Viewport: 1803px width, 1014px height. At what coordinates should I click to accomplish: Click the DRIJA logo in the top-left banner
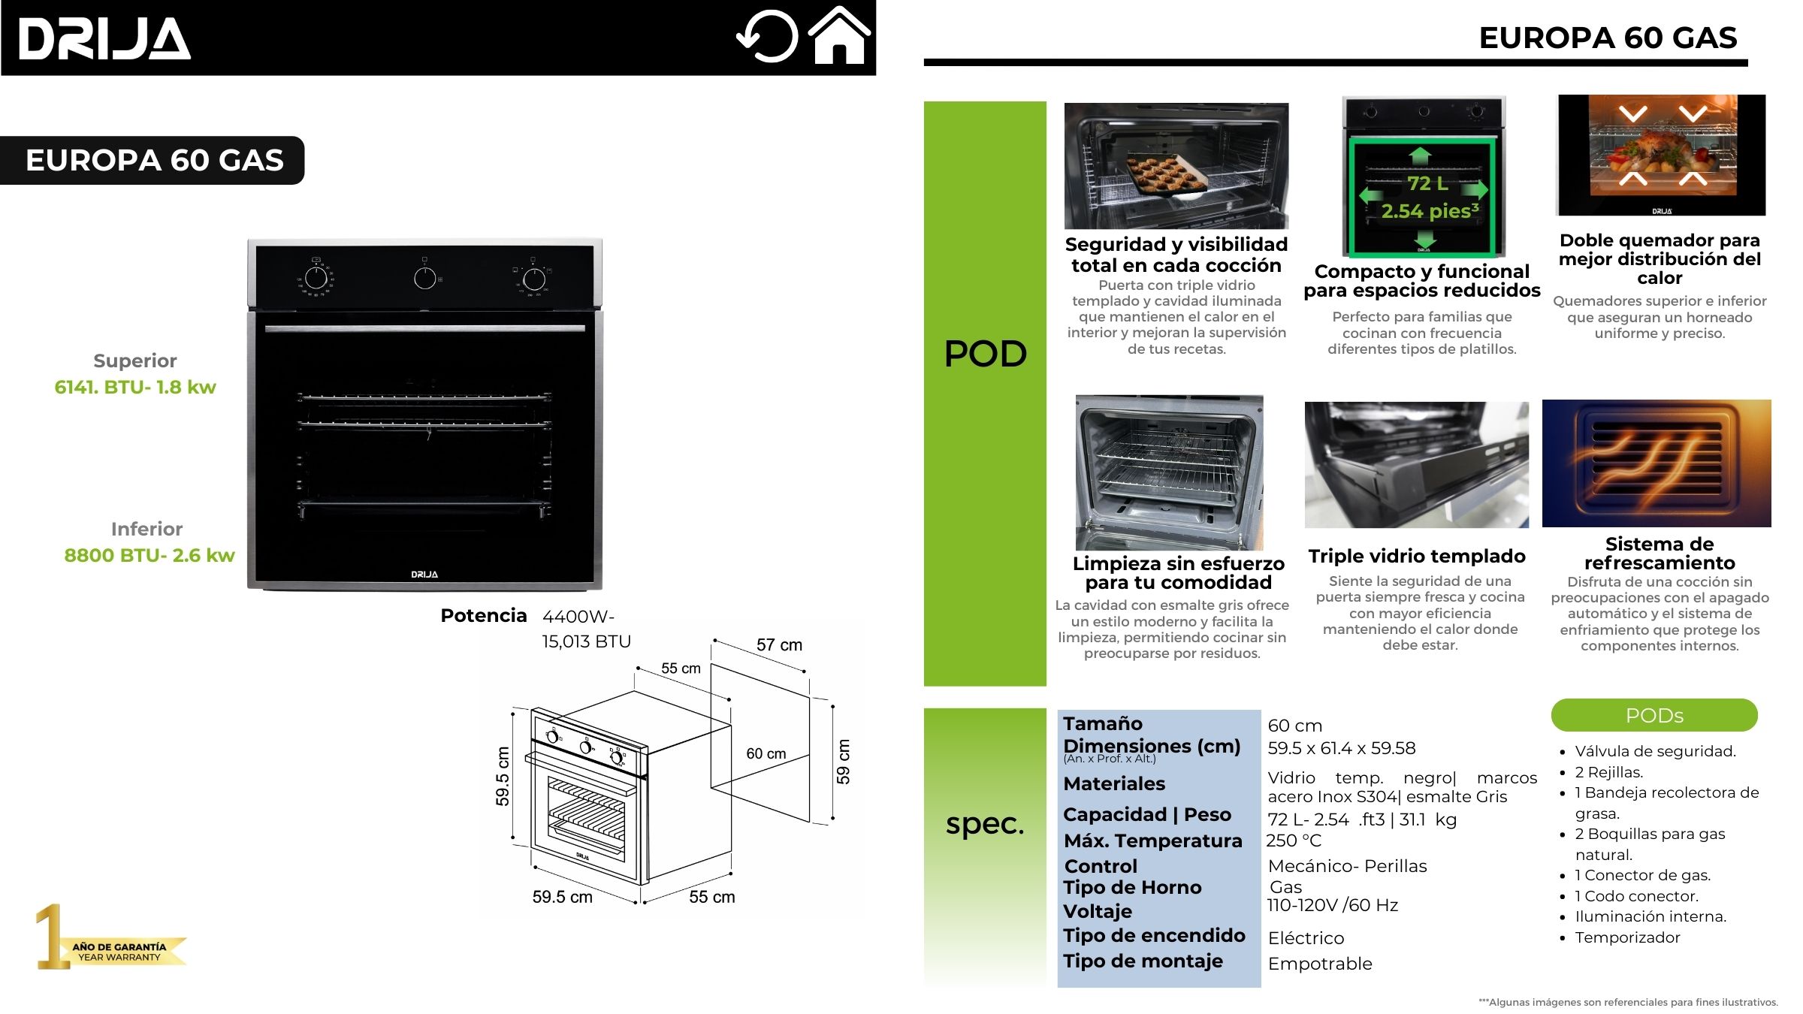(104, 38)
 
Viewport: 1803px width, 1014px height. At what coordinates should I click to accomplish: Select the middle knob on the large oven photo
(425, 278)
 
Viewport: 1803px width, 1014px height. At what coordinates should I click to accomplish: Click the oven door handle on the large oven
(424, 328)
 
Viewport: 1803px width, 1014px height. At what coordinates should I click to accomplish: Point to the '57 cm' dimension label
(779, 645)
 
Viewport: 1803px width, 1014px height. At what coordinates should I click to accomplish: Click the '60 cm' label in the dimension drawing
(766, 753)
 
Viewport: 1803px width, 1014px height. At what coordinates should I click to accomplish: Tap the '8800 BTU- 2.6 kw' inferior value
(149, 555)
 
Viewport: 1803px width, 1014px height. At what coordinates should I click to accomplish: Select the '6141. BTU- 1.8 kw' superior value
(135, 387)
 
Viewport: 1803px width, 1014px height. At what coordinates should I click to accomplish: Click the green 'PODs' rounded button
(1654, 715)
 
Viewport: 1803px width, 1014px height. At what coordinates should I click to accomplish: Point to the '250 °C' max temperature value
(1294, 840)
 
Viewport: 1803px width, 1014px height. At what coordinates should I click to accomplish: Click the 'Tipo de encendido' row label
(1154, 935)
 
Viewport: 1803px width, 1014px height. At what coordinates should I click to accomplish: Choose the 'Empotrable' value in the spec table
(1320, 964)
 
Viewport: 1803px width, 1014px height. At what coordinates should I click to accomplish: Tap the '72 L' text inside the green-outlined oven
(1427, 183)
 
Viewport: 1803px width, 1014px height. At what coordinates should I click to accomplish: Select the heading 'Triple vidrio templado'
(1417, 556)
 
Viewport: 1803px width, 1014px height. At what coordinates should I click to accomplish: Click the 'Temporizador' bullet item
(1627, 937)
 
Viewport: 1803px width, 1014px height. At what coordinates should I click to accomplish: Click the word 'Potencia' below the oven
(484, 616)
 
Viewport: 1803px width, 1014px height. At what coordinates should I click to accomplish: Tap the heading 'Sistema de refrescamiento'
(1660, 553)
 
